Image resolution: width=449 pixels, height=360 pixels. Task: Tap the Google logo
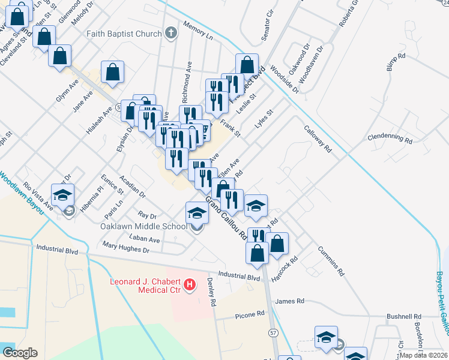(x=19, y=353)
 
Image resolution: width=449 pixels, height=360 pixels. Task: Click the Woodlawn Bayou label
(x=23, y=190)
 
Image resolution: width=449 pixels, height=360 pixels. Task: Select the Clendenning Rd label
(x=390, y=139)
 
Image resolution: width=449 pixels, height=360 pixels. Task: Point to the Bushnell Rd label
(x=404, y=316)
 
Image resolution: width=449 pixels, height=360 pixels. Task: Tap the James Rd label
(x=290, y=301)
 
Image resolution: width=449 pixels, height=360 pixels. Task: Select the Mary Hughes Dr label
(x=125, y=245)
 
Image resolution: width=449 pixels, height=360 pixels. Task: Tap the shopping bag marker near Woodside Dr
(x=247, y=64)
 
